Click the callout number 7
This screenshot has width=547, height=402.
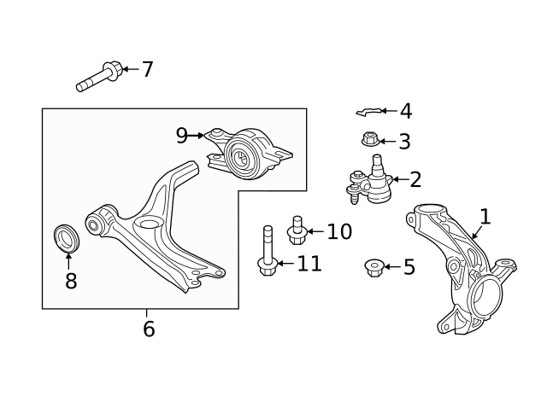coord(148,69)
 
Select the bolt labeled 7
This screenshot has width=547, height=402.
coord(99,77)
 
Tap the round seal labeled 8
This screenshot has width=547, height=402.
coord(67,238)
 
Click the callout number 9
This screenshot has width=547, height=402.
coord(182,136)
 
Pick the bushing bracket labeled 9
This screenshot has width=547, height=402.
coord(248,154)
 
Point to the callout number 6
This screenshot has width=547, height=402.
coord(149,329)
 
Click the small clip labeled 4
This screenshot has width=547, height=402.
coord(369,112)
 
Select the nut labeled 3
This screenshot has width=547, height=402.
coord(370,139)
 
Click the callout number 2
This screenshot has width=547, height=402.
coord(415,180)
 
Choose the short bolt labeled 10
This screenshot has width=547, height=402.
coord(297,230)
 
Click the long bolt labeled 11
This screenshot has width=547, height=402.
coord(268,250)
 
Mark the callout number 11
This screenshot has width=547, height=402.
coord(309,264)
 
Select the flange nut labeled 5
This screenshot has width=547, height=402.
coord(374,267)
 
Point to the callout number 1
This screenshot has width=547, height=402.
coord(485,217)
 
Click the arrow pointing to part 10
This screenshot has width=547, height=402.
coord(315,231)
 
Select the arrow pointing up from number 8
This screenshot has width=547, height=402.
coord(68,261)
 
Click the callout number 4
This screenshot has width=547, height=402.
coord(406,112)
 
